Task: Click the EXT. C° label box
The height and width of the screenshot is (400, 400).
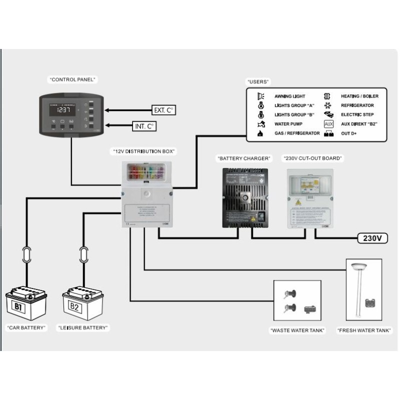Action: pyautogui.click(x=164, y=109)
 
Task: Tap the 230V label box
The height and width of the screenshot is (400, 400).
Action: pyautogui.click(x=373, y=238)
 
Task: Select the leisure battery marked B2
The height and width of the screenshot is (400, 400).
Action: pyautogui.click(x=82, y=303)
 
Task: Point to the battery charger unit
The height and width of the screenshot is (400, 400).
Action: pyautogui.click(x=245, y=197)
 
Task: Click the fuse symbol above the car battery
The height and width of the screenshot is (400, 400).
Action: pyautogui.click(x=26, y=254)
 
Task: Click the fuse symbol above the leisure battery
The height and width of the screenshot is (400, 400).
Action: pyautogui.click(x=83, y=254)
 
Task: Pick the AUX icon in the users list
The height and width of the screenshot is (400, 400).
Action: pyautogui.click(x=328, y=124)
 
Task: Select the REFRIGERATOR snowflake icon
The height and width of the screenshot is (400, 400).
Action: pyautogui.click(x=328, y=105)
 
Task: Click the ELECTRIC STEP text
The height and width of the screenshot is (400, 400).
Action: pyautogui.click(x=358, y=115)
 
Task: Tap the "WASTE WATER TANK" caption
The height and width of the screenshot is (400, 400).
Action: pyautogui.click(x=297, y=330)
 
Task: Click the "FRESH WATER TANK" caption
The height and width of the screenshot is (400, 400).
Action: pyautogui.click(x=364, y=330)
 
